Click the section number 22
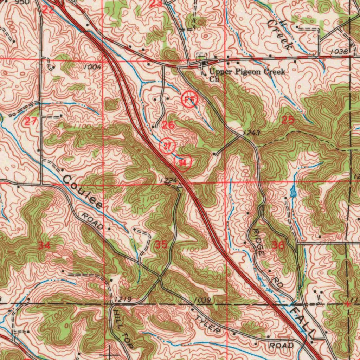click(48, 9)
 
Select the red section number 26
click(168, 125)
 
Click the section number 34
click(44, 245)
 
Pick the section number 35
click(161, 245)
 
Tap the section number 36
click(278, 245)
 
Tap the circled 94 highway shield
click(182, 162)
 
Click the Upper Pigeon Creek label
click(246, 72)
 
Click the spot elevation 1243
click(251, 133)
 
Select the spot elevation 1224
click(166, 180)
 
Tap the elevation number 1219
click(123, 299)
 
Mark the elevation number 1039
click(202, 300)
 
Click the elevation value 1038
click(339, 52)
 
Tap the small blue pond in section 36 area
click(293, 192)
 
